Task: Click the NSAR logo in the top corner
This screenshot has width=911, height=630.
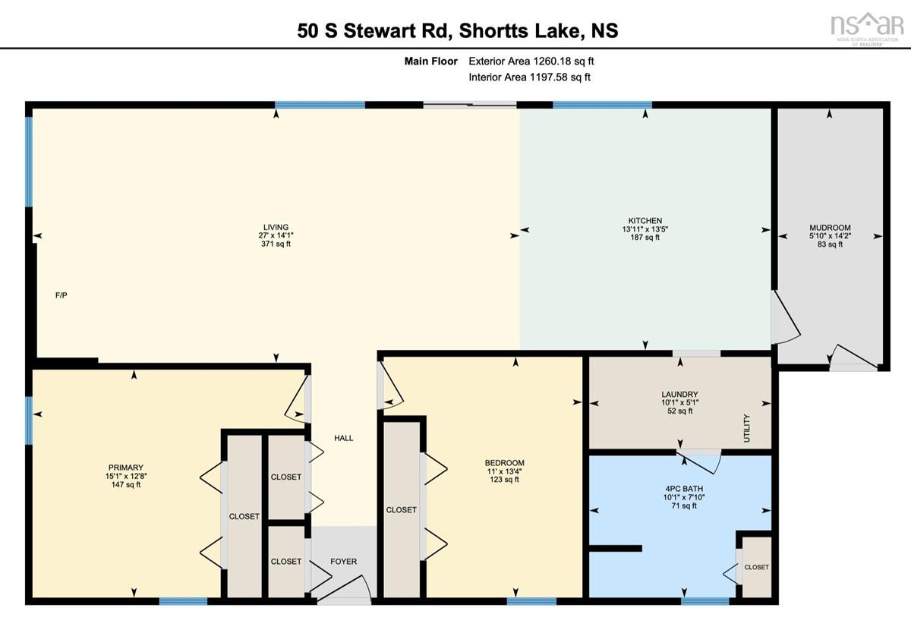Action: tap(865, 30)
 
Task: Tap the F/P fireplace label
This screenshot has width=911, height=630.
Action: tap(61, 295)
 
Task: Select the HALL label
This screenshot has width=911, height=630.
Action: tap(344, 438)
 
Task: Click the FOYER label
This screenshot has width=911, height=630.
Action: tap(344, 561)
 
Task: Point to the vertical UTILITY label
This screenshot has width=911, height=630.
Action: tap(746, 428)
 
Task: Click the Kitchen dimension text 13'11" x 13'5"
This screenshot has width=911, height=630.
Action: tap(645, 229)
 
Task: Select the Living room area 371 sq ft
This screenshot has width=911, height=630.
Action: tap(276, 244)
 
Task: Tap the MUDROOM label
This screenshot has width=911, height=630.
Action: tap(830, 228)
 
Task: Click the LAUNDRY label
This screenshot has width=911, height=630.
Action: tap(679, 394)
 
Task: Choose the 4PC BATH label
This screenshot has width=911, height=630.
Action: tap(684, 489)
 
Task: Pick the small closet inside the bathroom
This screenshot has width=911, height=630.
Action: tap(756, 567)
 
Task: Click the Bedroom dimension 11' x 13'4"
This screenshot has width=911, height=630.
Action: tap(504, 471)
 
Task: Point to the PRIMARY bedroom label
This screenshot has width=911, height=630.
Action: tap(126, 468)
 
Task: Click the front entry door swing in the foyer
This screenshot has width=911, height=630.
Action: tap(345, 588)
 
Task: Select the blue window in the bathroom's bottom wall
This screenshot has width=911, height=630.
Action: tap(705, 601)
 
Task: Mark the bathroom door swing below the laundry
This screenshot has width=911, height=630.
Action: tap(698, 461)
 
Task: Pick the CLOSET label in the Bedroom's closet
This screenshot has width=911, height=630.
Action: tap(402, 509)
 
